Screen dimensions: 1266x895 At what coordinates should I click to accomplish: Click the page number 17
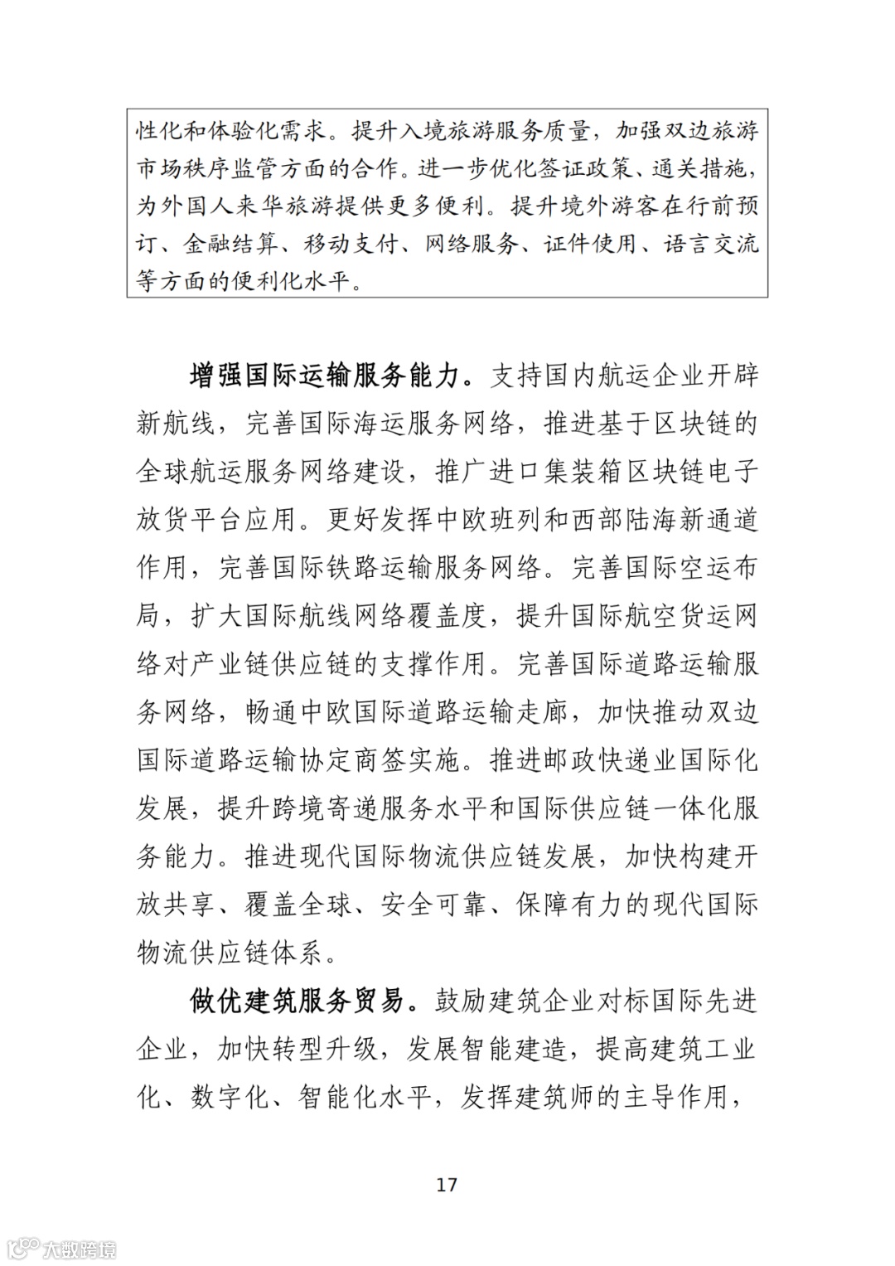[x=447, y=1185]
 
